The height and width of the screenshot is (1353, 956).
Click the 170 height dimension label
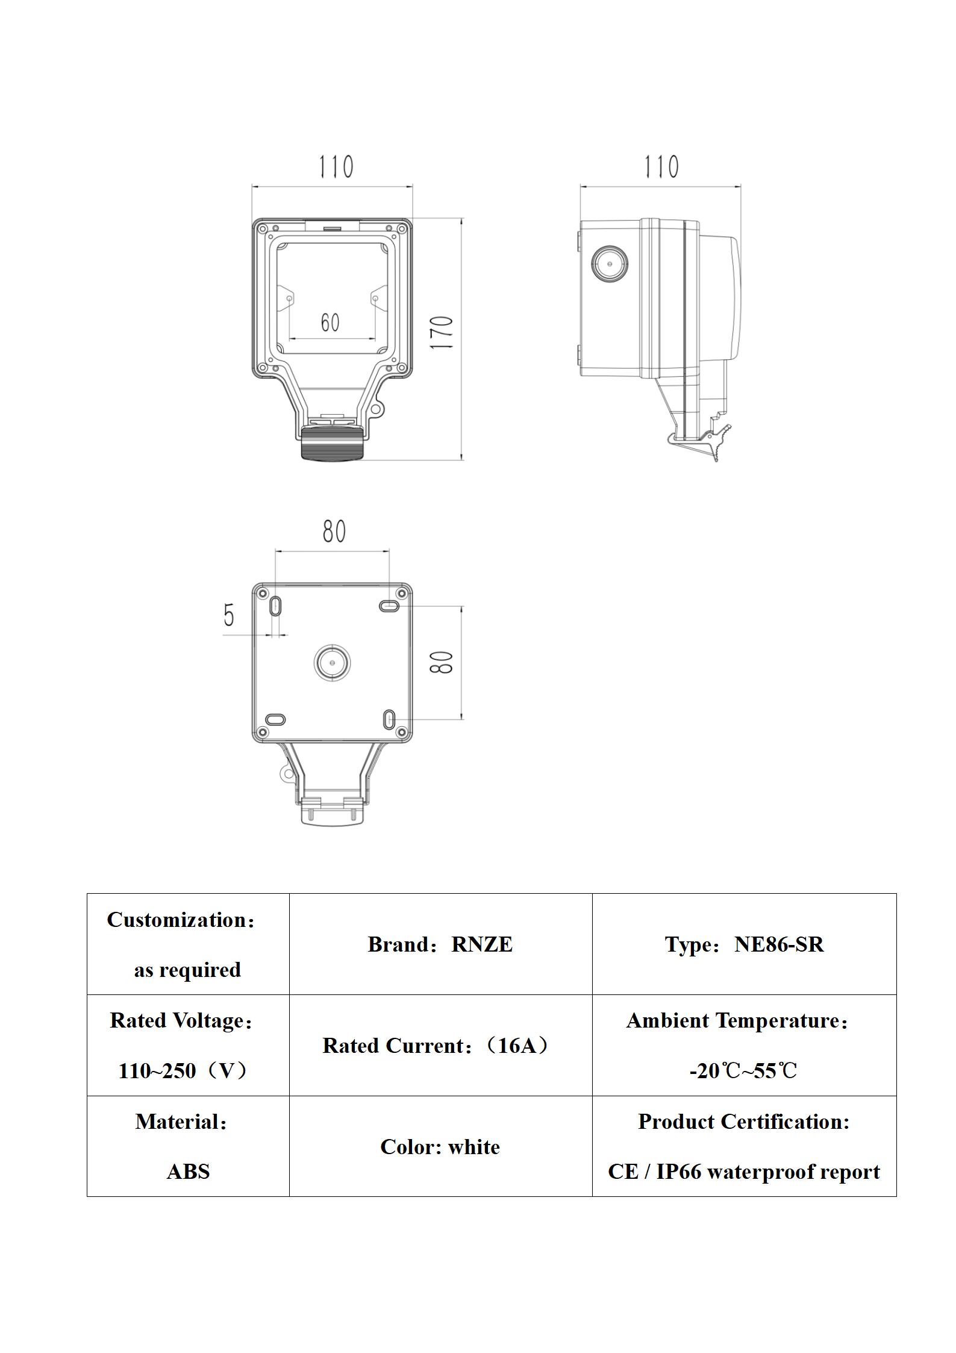tap(442, 332)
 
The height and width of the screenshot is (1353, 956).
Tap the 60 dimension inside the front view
tap(330, 322)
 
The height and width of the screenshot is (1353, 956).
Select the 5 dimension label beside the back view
tap(229, 615)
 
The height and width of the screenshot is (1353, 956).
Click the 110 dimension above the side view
tap(661, 166)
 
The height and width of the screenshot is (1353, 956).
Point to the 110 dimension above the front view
tap(336, 166)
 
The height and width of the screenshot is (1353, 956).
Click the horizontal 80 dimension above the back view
tap(334, 531)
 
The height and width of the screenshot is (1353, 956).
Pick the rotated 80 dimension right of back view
tap(442, 662)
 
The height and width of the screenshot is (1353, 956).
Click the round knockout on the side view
tap(610, 264)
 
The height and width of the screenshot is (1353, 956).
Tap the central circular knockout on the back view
tap(332, 662)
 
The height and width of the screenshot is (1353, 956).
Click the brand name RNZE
tap(482, 944)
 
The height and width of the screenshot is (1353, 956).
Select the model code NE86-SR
tap(778, 944)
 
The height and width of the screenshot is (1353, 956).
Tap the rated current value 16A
tap(517, 1045)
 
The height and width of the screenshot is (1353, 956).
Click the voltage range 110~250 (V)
tap(183, 1071)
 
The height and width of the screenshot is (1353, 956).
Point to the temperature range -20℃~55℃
tap(743, 1071)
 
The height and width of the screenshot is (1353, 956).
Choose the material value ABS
tap(188, 1172)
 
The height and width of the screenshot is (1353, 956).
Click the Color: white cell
tap(440, 1147)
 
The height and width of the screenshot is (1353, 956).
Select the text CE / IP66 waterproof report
tap(743, 1172)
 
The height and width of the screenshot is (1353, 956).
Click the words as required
tap(187, 970)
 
